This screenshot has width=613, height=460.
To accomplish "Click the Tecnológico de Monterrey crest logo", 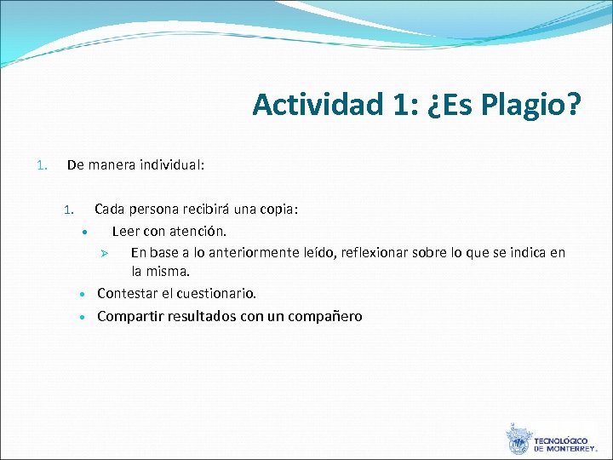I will pos(518,439).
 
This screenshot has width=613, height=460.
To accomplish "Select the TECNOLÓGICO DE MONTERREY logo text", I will pos(564,444).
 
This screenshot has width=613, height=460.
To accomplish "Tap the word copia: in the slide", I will pos(279,209).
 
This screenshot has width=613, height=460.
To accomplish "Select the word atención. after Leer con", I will pos(198,231).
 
